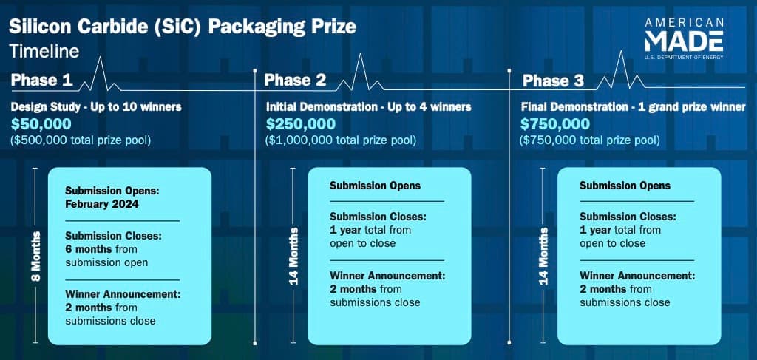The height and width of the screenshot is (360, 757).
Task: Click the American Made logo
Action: coord(684,38)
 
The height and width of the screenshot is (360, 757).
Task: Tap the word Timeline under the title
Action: coord(44,51)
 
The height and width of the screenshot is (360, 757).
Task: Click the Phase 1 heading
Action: coord(41,81)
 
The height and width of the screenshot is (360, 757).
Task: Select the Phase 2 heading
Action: coord(295,81)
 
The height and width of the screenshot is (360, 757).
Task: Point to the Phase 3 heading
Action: coord(553,81)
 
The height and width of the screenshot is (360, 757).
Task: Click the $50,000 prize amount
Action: coord(41,124)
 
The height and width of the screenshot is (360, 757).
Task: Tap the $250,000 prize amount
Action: coord(301,124)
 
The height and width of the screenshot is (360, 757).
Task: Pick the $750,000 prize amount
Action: coord(555,124)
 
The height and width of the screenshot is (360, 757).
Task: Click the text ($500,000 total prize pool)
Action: coord(81,141)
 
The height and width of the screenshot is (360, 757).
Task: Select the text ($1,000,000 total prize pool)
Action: coord(340,141)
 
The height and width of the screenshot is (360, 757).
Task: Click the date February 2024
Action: coord(102,204)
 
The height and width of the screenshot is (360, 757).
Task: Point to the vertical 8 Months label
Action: coord(35,256)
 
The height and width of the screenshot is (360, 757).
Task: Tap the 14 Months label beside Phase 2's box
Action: coord(293,256)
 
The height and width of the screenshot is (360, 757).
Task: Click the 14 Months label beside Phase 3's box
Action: coord(543,256)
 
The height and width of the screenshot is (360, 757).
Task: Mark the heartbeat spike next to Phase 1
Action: coord(100,74)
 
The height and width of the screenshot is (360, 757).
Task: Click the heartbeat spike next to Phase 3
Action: coord(621,70)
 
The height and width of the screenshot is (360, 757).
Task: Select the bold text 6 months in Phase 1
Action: coord(89,250)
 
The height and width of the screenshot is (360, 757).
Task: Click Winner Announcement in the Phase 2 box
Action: coord(387,276)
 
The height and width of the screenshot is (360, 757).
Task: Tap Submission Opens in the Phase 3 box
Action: coord(625,186)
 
